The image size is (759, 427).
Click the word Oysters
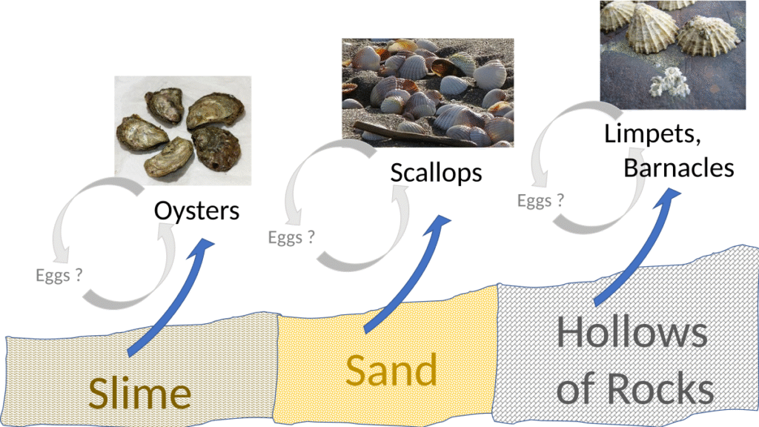coord(196,211)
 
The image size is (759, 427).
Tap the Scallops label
coord(436,173)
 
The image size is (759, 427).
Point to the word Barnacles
coord(678,168)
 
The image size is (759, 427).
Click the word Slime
coord(139,394)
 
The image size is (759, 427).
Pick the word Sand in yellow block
coord(391,371)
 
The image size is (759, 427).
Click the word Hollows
coord(632,334)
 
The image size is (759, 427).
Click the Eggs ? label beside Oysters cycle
coord(59,275)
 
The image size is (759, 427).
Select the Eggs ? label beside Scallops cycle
coord(291,237)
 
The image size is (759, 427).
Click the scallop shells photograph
coord(428,92)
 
